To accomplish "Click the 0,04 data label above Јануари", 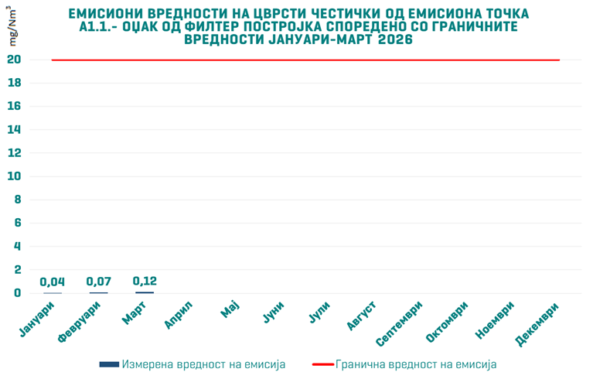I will pos(53,282).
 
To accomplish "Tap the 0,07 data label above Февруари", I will pos(99,282).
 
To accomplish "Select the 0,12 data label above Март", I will pos(145,282).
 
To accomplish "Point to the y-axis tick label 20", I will pos(15,60).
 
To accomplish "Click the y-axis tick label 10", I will pos(15,176).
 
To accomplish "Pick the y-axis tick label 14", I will pos(15,130).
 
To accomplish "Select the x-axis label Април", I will pos(179,316).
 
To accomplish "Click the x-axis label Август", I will pos(362,318).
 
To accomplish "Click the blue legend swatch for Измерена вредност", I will pos(109,364).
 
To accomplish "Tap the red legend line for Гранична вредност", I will pos(322,364).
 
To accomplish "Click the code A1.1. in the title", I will pos(91,27).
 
